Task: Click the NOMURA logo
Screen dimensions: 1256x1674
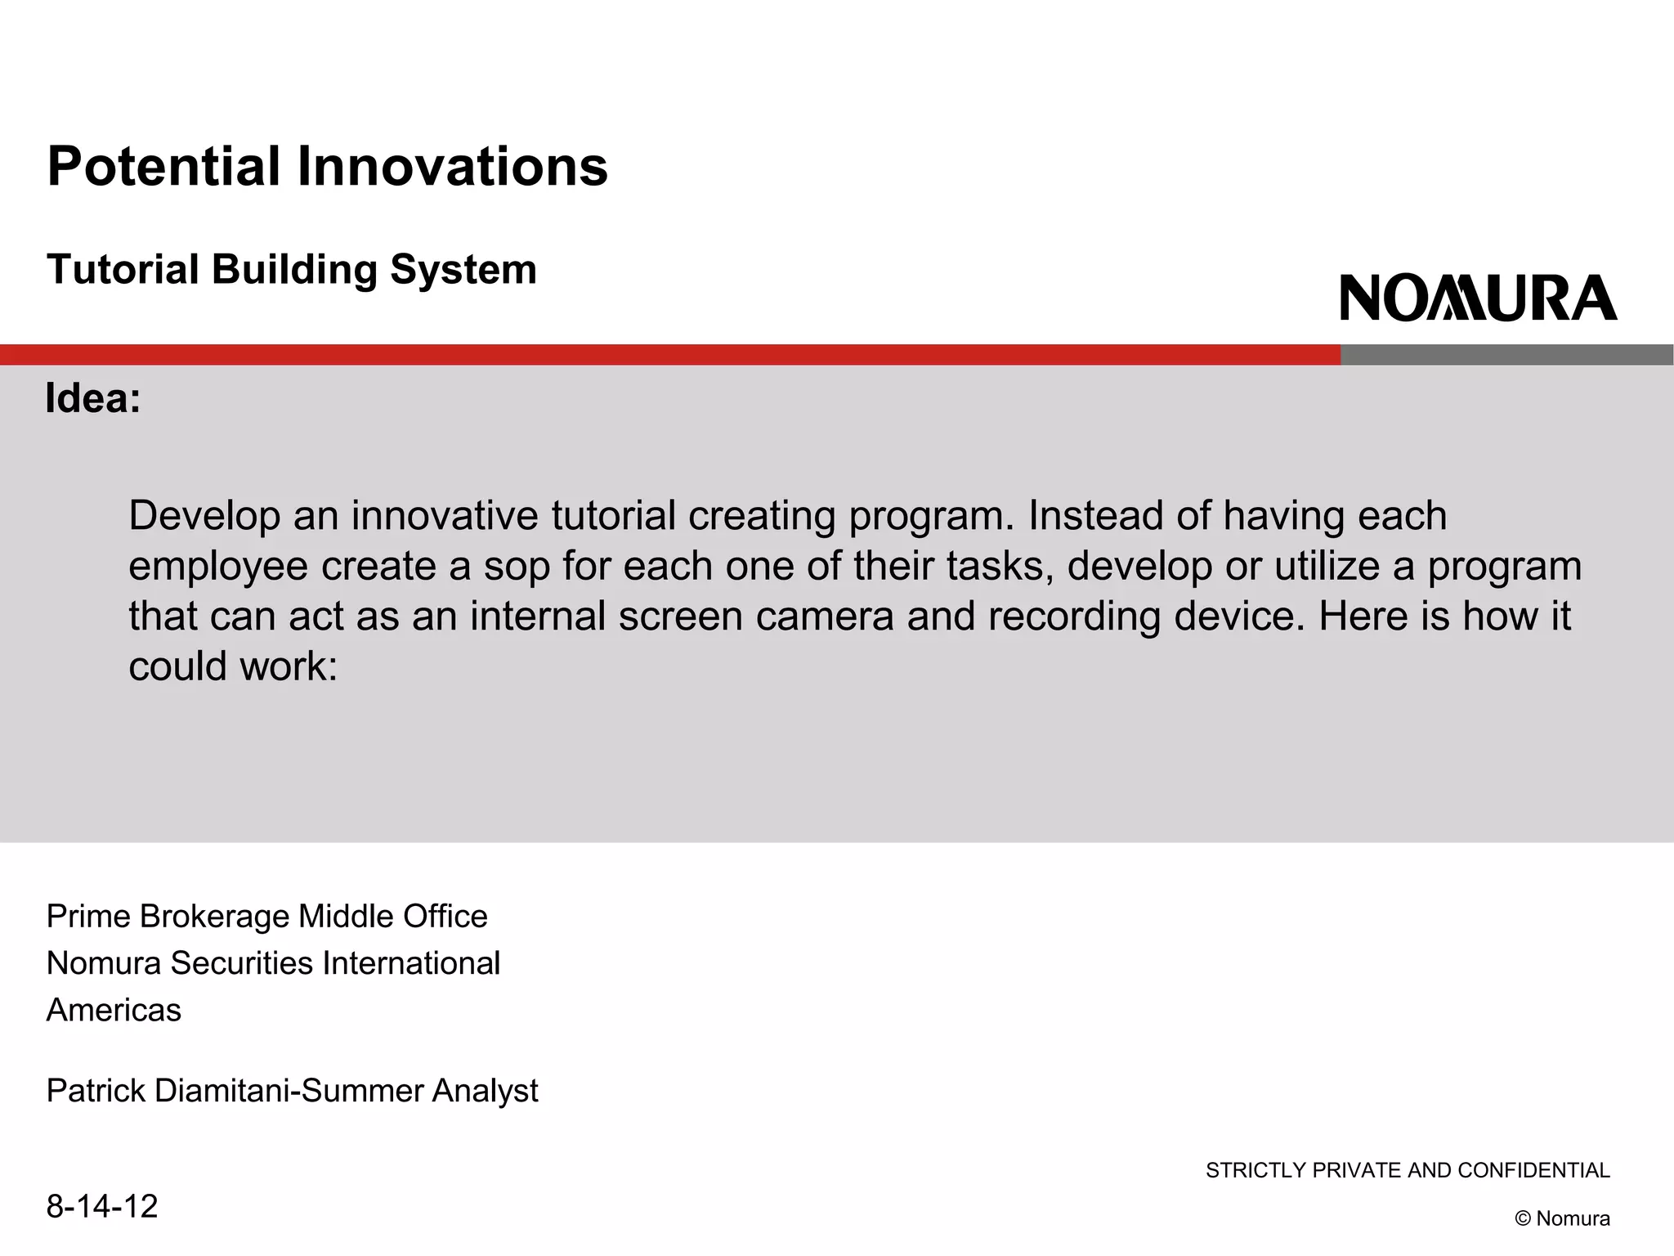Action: point(1478,298)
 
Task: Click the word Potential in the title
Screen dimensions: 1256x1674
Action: point(163,167)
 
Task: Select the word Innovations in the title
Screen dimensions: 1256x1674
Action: point(452,167)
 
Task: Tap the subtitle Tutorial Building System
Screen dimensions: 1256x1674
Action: point(292,270)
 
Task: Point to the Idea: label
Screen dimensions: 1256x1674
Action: point(93,399)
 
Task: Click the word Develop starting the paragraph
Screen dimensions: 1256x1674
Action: point(204,517)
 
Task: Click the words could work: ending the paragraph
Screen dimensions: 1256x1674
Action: point(233,666)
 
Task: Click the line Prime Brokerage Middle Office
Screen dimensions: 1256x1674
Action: point(266,917)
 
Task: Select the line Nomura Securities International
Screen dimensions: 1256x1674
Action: point(273,963)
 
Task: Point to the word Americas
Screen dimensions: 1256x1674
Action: point(114,1011)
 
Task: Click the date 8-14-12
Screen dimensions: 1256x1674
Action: point(101,1207)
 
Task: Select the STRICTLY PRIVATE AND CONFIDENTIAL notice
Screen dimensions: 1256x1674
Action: point(1408,1171)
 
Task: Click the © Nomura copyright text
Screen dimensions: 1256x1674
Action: point(1562,1218)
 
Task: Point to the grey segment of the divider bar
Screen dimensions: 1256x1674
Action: point(1506,355)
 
